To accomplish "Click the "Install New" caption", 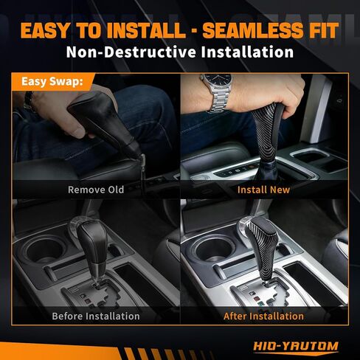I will (263, 189).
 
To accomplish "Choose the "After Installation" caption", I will (263, 316).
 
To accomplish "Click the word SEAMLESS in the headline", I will (243, 31).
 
